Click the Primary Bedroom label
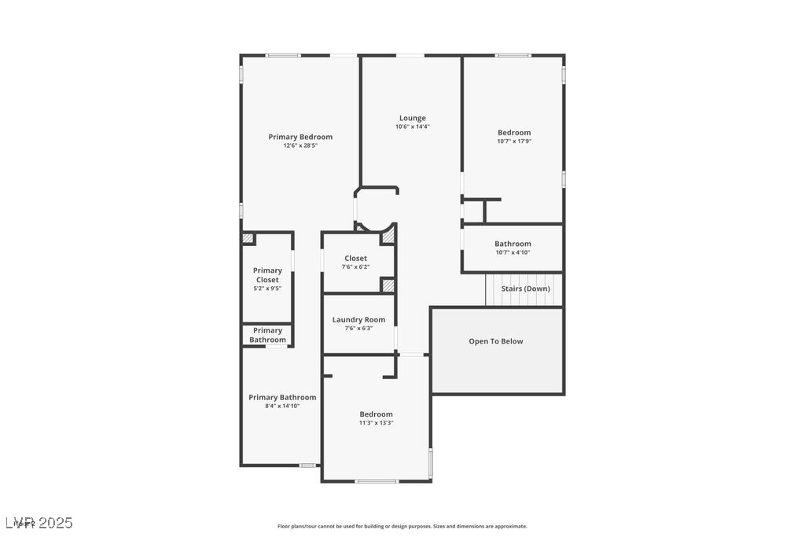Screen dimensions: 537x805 click(x=300, y=137)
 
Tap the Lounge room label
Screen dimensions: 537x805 click(x=412, y=118)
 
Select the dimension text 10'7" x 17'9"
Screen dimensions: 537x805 click(x=514, y=142)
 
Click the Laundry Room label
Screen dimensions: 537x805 click(x=358, y=319)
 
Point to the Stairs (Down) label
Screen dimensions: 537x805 click(x=525, y=289)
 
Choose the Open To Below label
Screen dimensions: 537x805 click(x=495, y=341)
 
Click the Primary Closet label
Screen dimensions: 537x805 click(x=267, y=275)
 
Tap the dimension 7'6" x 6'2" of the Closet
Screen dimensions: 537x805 click(x=355, y=267)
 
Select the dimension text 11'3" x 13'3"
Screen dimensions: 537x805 click(x=376, y=423)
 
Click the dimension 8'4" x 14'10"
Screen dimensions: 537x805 click(x=282, y=406)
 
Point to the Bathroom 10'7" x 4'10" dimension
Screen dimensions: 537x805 click(x=513, y=252)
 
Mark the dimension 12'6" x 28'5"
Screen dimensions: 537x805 click(x=300, y=145)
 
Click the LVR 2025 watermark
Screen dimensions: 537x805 click(x=39, y=522)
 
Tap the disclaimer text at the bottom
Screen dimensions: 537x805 click(x=402, y=526)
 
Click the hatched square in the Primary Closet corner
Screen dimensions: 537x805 click(x=248, y=238)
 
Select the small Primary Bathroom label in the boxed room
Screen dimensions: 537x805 click(x=267, y=335)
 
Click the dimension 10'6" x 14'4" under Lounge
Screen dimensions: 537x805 click(x=412, y=127)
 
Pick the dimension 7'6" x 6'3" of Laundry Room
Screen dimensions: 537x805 click(x=358, y=328)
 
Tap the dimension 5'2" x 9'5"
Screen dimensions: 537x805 click(x=267, y=289)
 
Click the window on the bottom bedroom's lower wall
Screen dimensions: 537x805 click(x=377, y=480)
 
